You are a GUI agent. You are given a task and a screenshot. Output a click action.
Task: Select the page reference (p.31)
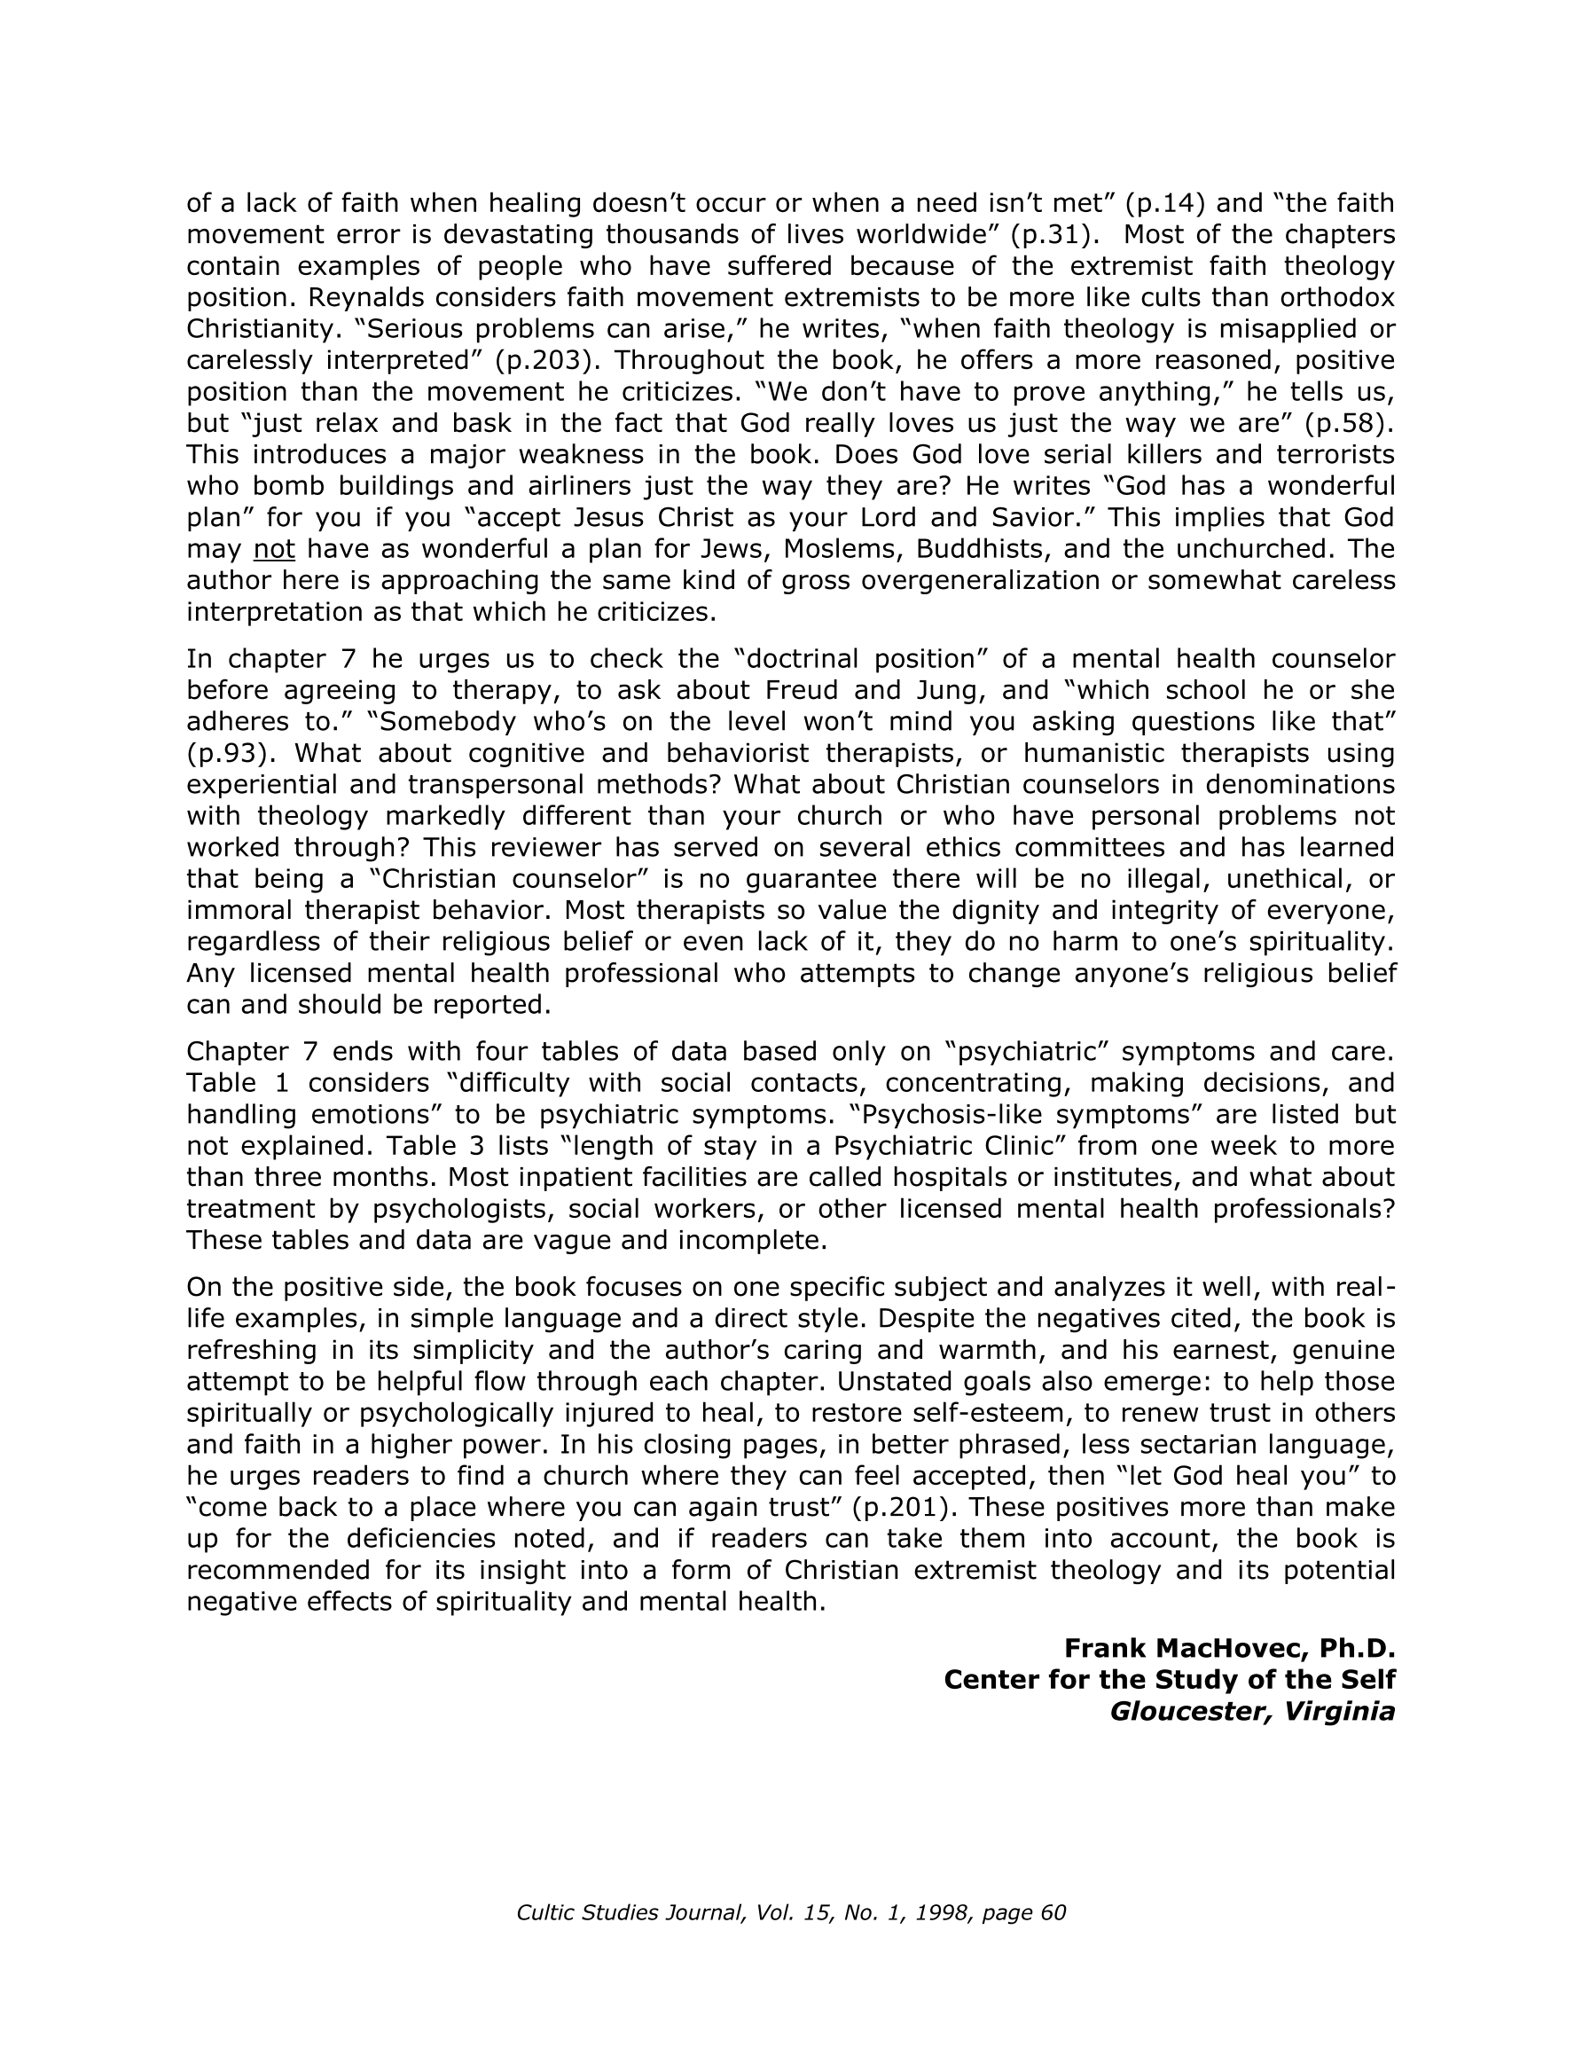pos(1043,234)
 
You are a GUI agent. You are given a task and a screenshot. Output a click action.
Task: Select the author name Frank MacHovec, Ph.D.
pos(1229,1648)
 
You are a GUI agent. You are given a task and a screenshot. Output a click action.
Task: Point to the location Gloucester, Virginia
pos(1252,1710)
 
